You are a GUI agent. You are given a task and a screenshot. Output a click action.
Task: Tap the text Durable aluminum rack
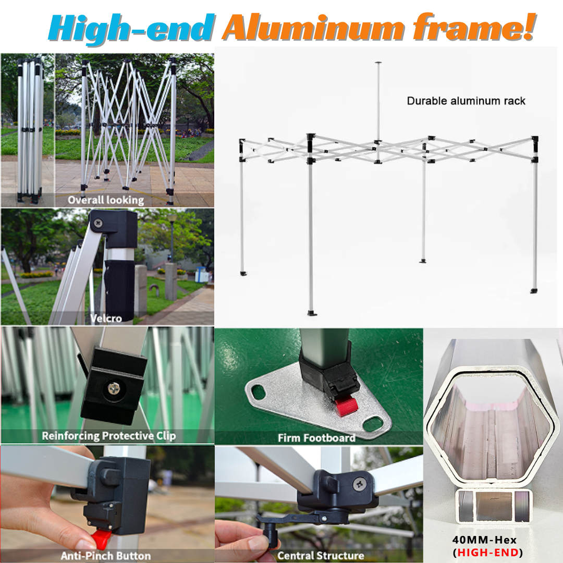[466, 101]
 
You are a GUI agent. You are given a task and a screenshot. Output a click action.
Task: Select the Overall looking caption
[106, 200]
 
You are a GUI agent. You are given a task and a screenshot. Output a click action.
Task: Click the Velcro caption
[106, 318]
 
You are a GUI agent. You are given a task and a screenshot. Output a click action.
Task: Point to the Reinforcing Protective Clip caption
[109, 436]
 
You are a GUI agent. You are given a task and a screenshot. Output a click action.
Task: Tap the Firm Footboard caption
[316, 438]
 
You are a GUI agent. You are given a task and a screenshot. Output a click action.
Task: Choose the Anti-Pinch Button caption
[106, 556]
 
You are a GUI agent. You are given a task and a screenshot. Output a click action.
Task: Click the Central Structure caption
[321, 556]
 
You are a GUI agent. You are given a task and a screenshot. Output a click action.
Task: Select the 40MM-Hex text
[484, 540]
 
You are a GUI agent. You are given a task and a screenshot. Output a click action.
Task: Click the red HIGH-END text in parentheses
[487, 552]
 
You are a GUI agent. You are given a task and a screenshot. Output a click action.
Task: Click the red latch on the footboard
[347, 407]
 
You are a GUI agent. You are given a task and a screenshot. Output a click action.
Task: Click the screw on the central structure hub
[359, 484]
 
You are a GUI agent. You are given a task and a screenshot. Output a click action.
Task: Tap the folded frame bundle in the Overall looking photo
[29, 129]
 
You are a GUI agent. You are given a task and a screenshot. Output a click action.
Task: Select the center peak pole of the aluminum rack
[378, 112]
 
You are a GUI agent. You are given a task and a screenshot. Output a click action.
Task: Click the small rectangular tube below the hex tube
[493, 506]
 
